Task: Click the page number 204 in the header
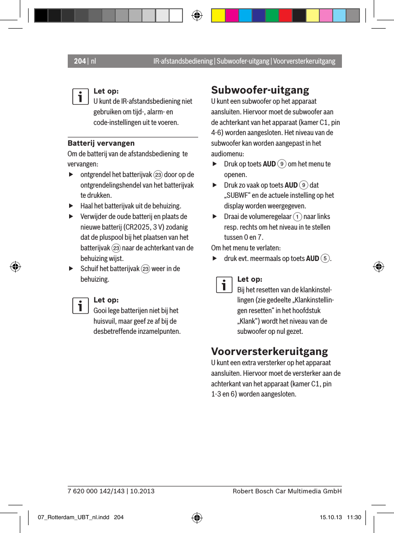tap(80, 61)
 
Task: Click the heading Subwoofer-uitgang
tap(260, 89)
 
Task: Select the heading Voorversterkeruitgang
tap(270, 351)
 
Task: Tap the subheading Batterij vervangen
tap(101, 143)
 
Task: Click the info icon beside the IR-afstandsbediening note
tap(80, 97)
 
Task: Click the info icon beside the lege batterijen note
tap(80, 306)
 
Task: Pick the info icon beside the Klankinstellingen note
tap(223, 285)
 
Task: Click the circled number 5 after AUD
tap(325, 258)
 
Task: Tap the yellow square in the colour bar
tap(218, 15)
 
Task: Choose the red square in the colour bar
tap(285, 15)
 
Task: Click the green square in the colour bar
tap(272, 15)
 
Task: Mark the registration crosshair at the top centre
tap(197, 15)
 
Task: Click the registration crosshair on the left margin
tap(15, 266)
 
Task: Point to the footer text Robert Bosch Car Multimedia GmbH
tap(287, 491)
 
